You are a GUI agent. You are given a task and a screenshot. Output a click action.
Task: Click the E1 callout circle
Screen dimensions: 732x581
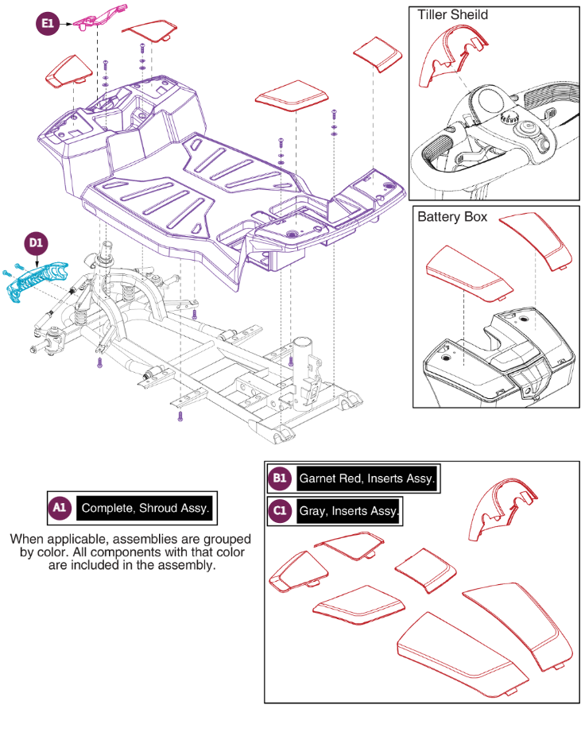48,25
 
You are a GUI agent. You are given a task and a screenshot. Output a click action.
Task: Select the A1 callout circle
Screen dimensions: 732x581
60,507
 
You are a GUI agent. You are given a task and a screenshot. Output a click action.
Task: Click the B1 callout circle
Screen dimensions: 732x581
279,478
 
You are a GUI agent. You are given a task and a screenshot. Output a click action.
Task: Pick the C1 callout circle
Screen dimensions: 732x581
279,511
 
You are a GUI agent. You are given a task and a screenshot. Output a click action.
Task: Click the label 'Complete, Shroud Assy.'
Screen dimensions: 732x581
145,508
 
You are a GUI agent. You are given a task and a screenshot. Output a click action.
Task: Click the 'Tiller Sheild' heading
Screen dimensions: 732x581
452,15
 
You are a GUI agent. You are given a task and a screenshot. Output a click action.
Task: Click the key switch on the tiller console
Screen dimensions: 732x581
523,127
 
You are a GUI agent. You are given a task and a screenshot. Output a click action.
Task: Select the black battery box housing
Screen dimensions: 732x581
477,366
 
